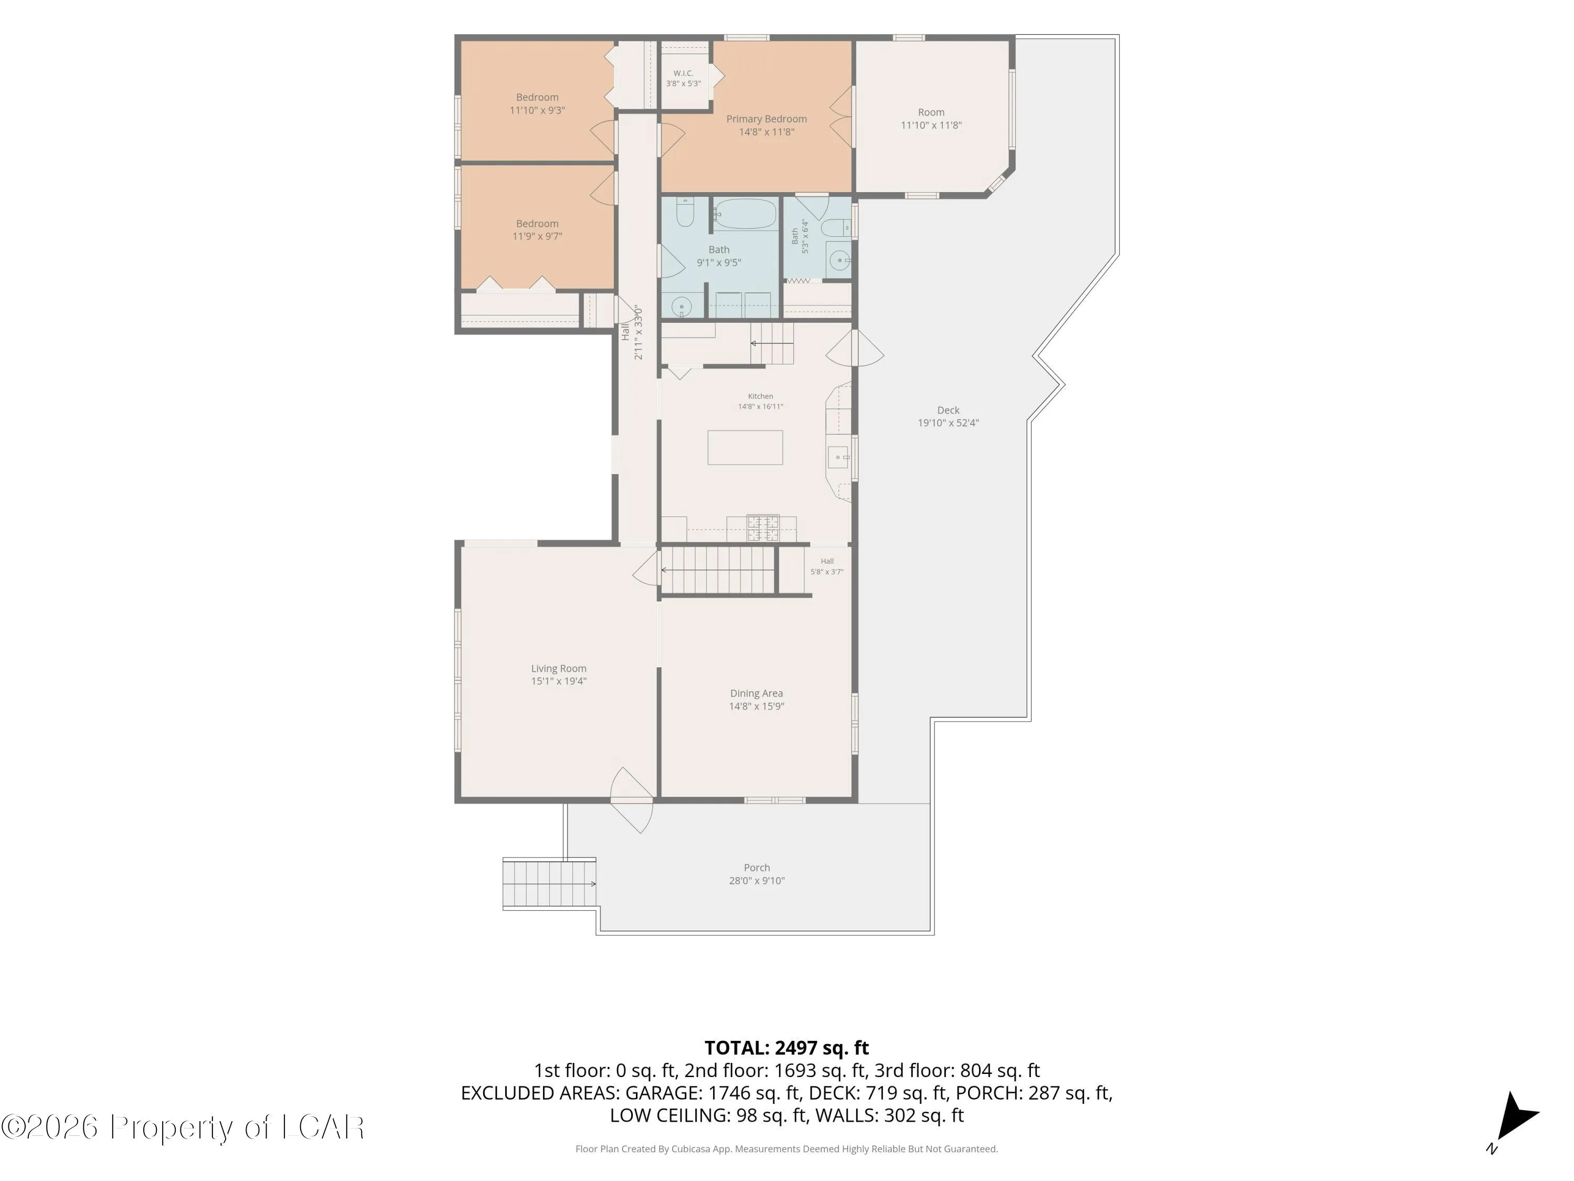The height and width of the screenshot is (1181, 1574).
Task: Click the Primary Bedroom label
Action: click(767, 119)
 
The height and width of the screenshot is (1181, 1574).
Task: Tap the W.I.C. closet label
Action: click(683, 73)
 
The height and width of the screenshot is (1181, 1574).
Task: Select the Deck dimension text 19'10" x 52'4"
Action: click(948, 423)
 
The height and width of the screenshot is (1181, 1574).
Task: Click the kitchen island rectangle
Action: click(745, 448)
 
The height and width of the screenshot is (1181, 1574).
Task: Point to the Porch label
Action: click(757, 868)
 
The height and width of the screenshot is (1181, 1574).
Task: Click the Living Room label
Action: click(559, 669)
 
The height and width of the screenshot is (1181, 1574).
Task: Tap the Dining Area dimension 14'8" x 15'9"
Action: click(757, 706)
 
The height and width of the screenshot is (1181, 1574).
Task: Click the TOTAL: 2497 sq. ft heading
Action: click(786, 1048)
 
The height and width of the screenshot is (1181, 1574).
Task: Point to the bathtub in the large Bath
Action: click(745, 214)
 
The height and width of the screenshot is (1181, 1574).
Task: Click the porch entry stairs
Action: click(549, 883)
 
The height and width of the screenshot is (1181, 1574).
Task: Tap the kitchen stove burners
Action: click(763, 528)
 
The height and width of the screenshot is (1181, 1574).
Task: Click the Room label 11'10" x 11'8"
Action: click(931, 119)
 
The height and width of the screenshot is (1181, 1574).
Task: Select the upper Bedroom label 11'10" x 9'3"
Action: click(537, 104)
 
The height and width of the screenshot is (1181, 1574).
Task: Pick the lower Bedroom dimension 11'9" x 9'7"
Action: click(537, 236)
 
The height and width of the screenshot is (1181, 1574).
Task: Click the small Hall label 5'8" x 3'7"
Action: click(827, 567)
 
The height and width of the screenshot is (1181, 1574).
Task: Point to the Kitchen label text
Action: click(760, 396)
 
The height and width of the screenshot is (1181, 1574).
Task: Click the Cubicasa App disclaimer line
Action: click(786, 1149)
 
